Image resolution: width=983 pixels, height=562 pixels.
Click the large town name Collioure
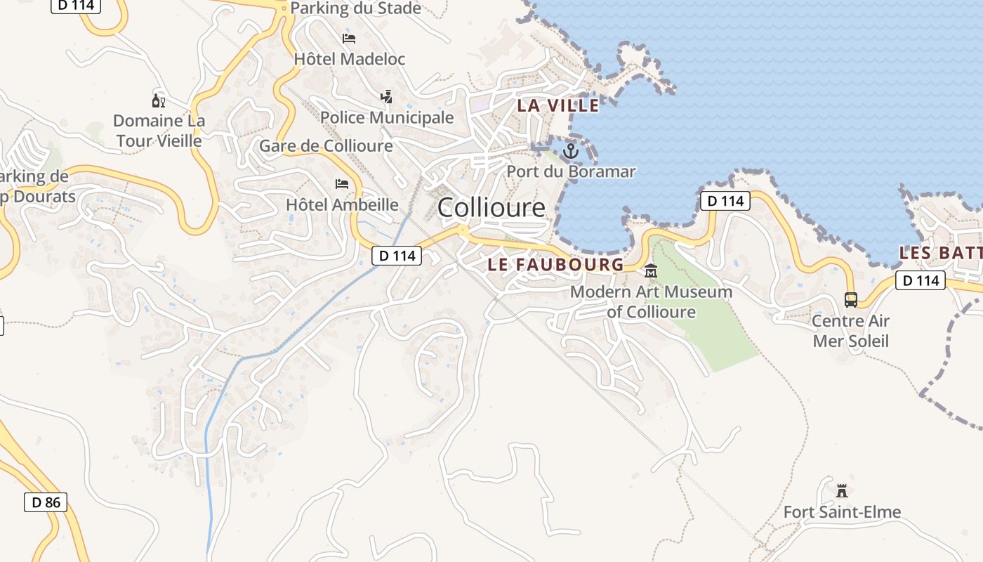click(x=491, y=207)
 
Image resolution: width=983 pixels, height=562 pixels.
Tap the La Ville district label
click(x=558, y=106)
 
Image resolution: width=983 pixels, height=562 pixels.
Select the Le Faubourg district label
click(x=555, y=265)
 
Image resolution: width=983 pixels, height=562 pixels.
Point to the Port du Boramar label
click(x=571, y=171)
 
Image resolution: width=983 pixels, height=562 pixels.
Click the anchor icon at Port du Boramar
click(x=571, y=150)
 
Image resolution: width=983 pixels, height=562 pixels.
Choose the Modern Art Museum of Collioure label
click(x=651, y=301)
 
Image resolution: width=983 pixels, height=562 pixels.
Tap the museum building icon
click(x=651, y=270)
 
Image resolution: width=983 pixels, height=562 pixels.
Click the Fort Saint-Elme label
click(x=842, y=512)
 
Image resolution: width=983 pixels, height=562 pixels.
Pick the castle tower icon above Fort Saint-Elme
click(x=842, y=490)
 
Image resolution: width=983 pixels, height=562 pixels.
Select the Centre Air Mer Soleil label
click(x=850, y=331)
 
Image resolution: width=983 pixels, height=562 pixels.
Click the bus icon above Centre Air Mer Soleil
click(x=851, y=300)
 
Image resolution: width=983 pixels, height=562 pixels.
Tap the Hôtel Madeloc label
click(x=350, y=59)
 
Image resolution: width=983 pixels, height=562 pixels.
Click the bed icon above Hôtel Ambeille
click(x=342, y=184)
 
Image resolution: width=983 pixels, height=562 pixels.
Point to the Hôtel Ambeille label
click(x=342, y=205)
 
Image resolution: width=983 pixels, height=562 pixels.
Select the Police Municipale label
click(x=387, y=117)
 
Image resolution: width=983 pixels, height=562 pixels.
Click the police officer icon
click(x=386, y=96)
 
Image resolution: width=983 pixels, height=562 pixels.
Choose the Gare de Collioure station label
click(x=326, y=146)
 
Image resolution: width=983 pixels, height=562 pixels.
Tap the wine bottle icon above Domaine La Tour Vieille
click(x=159, y=100)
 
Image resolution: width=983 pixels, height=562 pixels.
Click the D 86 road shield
click(x=46, y=502)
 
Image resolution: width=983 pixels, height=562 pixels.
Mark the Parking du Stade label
click(x=355, y=8)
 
